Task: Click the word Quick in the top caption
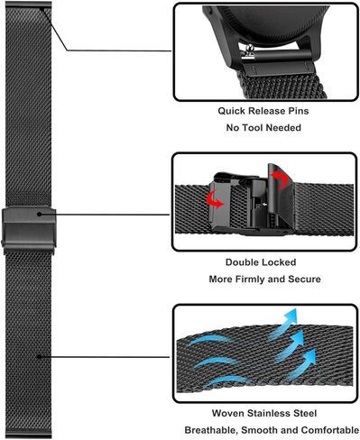click(232, 112)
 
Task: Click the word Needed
click(287, 127)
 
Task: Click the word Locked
click(282, 263)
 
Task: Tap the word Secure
click(304, 279)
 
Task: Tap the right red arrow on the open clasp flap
click(279, 180)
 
